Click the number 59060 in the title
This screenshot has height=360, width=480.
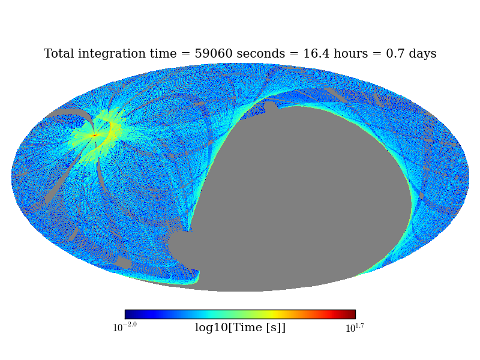pos(213,54)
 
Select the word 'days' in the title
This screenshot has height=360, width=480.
pos(420,54)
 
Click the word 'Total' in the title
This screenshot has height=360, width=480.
pos(59,54)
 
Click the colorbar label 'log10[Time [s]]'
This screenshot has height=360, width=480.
pos(240,328)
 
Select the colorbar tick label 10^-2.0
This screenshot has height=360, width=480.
pos(125,328)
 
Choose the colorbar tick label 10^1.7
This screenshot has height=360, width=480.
pos(355,328)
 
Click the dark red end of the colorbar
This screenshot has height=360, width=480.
pos(352,314)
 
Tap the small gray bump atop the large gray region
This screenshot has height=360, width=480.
pos(271,107)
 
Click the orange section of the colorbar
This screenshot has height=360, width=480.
pos(294,314)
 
